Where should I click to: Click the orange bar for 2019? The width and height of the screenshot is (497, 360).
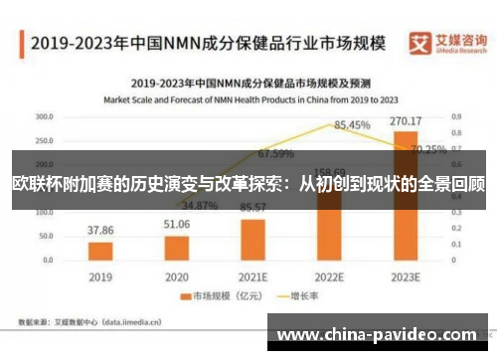[99, 250]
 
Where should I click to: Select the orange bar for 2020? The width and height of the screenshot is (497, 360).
[176, 247]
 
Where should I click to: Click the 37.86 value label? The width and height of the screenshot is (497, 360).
[99, 230]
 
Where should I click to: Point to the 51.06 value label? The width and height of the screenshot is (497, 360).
[176, 224]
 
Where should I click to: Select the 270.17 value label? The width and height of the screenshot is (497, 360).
[406, 121]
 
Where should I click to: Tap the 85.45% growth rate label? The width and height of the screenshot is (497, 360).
[352, 125]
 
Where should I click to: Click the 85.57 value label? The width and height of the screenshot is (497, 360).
[253, 206]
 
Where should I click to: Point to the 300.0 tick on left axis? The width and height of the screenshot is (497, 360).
[44, 116]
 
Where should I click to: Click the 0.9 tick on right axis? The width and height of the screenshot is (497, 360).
[456, 116]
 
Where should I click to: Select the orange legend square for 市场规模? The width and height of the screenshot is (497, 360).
[184, 296]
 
